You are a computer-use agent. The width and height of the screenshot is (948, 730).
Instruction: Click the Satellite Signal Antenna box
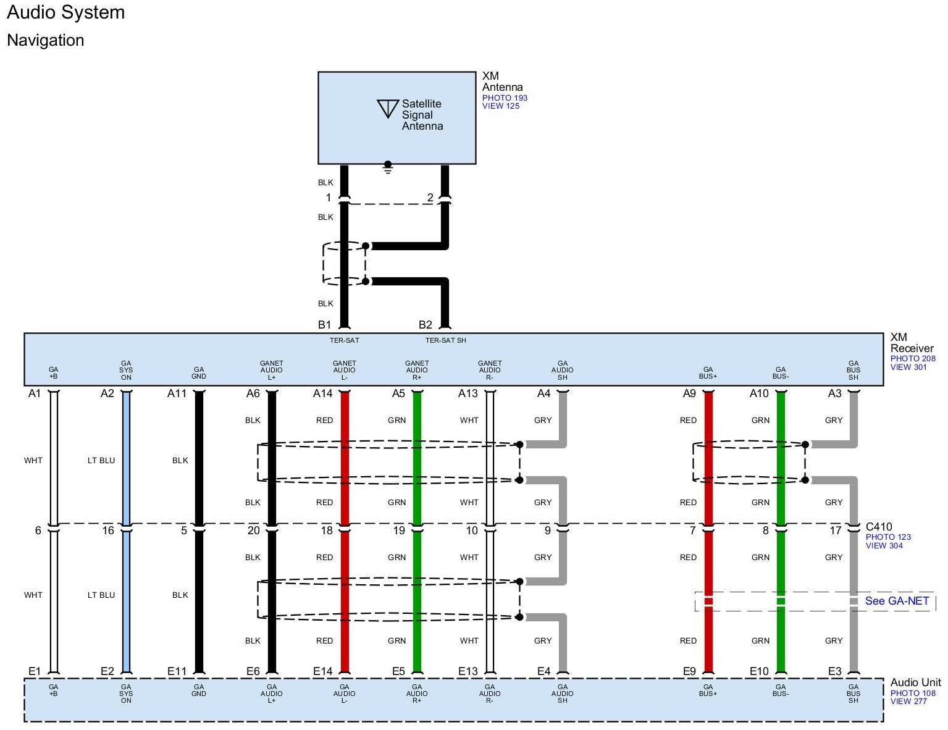pos(396,117)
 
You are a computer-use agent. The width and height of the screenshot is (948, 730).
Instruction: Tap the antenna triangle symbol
pos(387,108)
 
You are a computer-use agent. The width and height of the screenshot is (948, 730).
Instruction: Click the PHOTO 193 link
pos(505,98)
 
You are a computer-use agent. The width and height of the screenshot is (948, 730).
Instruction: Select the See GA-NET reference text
pos(897,601)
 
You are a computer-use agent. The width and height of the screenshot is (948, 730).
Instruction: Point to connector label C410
pos(879,527)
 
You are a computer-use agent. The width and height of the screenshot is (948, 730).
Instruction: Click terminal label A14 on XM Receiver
pos(322,393)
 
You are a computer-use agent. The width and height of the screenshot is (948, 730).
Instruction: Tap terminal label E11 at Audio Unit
pos(177,671)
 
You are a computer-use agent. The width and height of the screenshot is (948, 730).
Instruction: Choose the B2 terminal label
pos(426,325)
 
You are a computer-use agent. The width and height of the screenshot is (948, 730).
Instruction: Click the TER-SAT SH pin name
pos(445,340)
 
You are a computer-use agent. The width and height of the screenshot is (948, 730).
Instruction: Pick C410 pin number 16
pos(108,531)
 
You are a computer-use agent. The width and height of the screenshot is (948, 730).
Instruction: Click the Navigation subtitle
pos(45,40)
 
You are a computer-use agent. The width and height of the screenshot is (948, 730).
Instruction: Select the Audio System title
pos(65,12)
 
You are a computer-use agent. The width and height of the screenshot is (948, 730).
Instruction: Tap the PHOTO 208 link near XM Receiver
pos(913,358)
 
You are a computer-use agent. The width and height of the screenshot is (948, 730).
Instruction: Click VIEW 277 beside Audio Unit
pos(908,702)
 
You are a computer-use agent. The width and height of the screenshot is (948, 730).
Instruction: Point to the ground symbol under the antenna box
pos(388,167)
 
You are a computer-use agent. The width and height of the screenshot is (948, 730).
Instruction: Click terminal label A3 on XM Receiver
pos(834,393)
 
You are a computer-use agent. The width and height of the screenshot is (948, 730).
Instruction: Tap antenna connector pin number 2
pos(430,198)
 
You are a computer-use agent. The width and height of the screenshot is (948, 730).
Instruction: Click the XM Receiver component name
pos(912,343)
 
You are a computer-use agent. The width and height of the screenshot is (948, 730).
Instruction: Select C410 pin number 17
pos(835,531)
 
